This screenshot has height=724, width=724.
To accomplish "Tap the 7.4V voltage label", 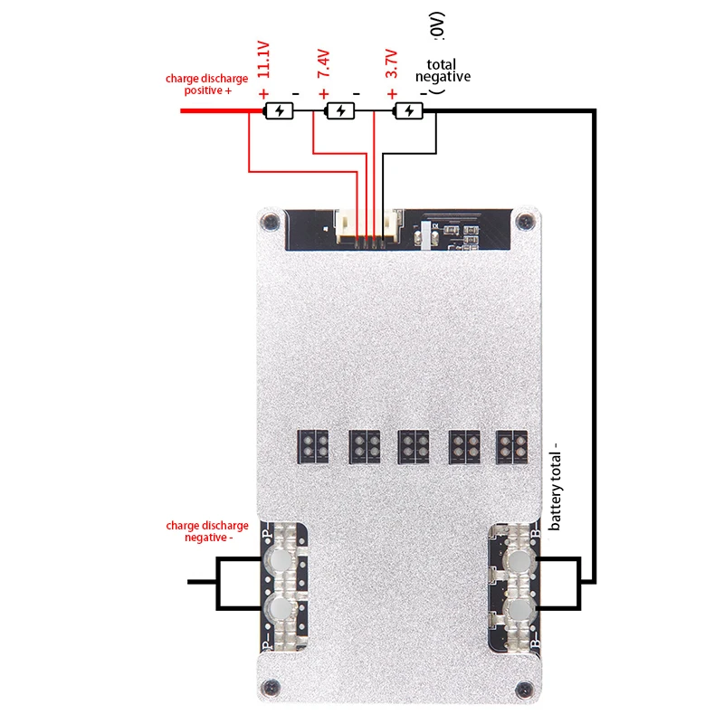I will tap(324, 65).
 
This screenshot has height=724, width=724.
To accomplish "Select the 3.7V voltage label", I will tap(390, 65).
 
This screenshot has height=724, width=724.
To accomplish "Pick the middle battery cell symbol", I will tap(340, 110).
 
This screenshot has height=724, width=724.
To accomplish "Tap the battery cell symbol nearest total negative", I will tap(408, 110).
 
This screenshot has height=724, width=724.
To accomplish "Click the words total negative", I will tap(443, 71).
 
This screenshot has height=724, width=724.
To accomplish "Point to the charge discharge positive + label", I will tap(206, 84).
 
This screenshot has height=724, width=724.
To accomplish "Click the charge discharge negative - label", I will tap(206, 531).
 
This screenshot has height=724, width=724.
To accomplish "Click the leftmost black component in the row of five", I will tap(312, 445).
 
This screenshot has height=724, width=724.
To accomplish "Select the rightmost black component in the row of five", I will tap(510, 445).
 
